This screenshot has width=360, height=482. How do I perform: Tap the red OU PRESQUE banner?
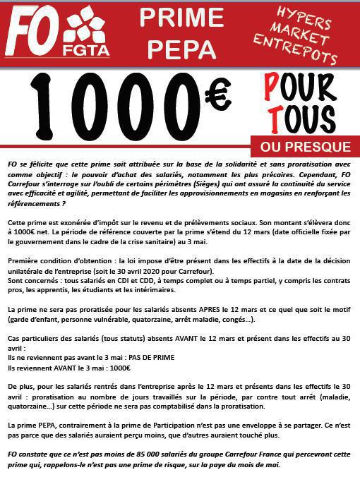(305, 147)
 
